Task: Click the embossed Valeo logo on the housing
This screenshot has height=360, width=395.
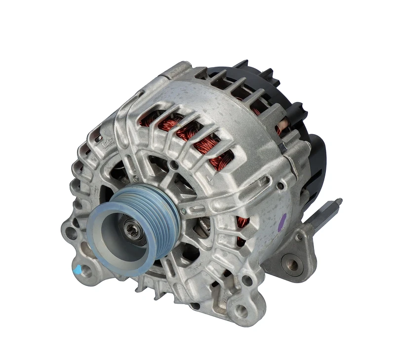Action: [107, 144]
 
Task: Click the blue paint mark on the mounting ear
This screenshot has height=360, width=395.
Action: [77, 269]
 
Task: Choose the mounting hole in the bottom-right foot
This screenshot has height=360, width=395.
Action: [241, 311]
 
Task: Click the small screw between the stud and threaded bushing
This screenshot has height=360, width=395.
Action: [300, 237]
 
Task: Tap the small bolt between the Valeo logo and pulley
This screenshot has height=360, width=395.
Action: [135, 177]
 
